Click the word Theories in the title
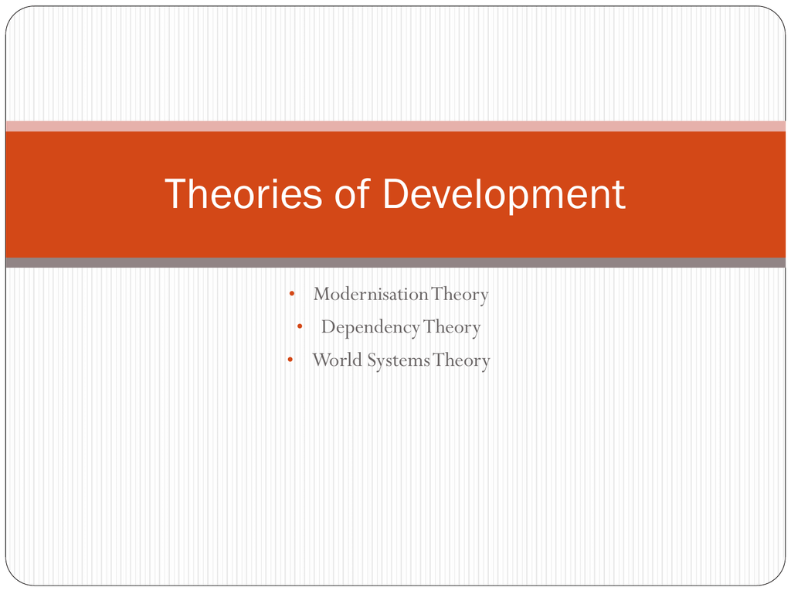[243, 193]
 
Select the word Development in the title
[504, 196]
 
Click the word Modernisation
[371, 294]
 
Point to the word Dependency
[370, 328]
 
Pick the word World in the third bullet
[337, 360]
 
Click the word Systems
[398, 360]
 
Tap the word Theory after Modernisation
[460, 295]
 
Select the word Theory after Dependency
[451, 328]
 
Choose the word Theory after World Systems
[461, 361]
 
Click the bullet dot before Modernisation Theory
[291, 293]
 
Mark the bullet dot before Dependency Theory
[300, 326]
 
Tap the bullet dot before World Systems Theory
[290, 360]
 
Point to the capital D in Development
[396, 193]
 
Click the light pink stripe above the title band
[395, 126]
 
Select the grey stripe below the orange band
[395, 263]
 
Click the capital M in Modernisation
[323, 294]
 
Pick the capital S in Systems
[372, 360]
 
